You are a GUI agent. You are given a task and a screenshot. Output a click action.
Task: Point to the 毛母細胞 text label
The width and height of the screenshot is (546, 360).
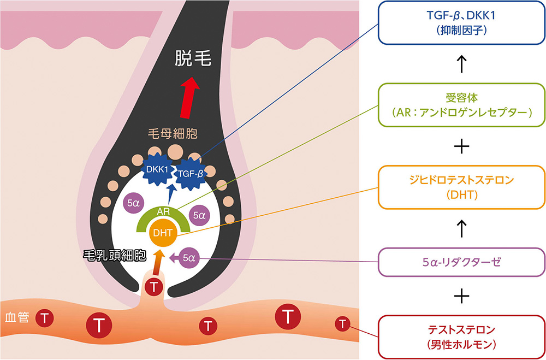point(172,133)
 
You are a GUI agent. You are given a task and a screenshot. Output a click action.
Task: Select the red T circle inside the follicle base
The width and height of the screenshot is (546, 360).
point(156,285)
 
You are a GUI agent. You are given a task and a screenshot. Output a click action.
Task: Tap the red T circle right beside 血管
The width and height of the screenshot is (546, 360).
point(45,317)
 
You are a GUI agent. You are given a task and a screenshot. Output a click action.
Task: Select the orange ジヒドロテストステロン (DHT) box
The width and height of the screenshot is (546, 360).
point(461,187)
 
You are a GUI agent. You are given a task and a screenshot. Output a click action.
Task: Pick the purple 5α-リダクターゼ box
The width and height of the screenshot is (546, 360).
point(461,262)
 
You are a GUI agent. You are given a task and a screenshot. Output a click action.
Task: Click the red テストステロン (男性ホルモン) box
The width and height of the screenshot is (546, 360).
point(461,337)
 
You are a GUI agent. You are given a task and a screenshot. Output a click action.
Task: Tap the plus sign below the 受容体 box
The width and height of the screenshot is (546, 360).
point(462,146)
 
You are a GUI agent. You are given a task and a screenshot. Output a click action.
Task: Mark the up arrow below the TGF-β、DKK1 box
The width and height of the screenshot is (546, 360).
point(462,64)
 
